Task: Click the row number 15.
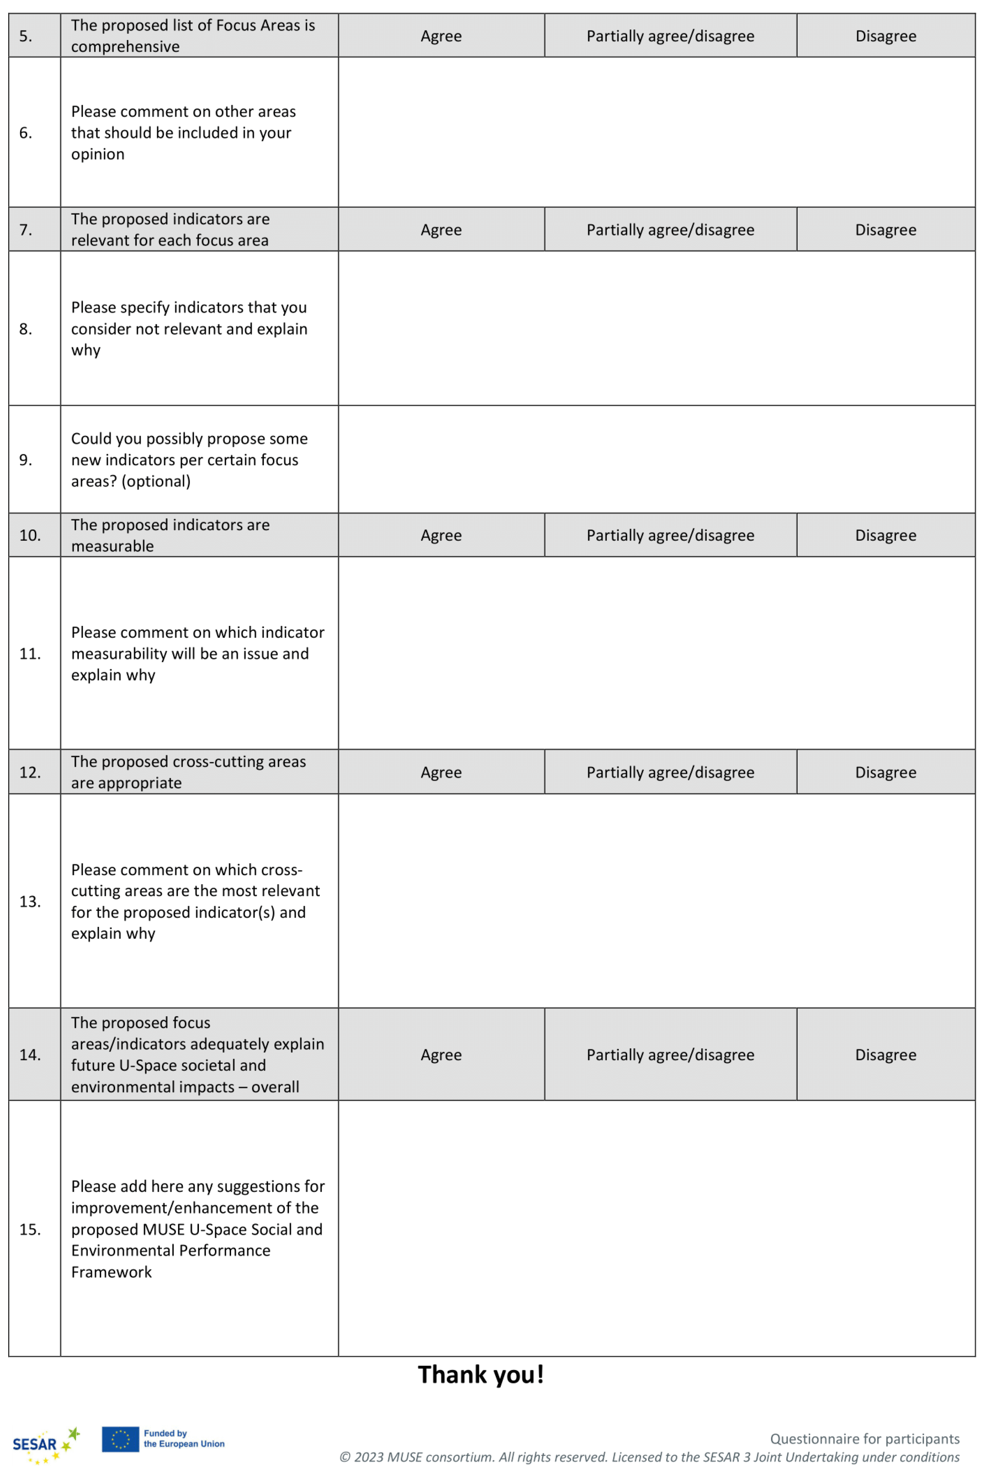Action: point(30,1229)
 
